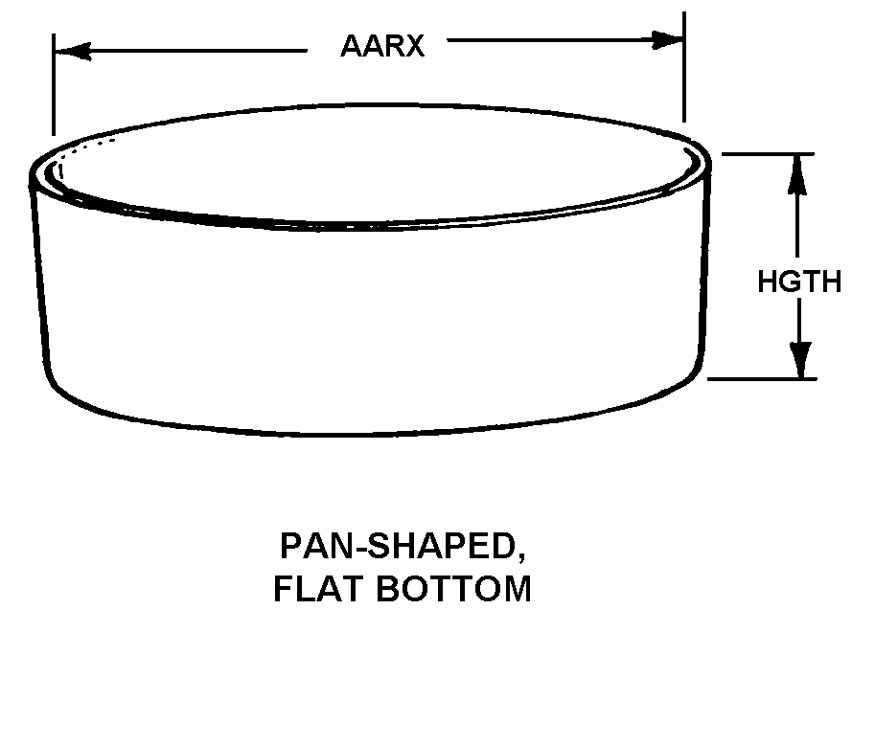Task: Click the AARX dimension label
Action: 381,45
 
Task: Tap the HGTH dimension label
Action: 799,282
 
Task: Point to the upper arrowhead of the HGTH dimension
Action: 797,172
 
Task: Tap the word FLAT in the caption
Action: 316,589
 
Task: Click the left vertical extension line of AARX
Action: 54,86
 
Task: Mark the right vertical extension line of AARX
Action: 684,67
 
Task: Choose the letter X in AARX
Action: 413,45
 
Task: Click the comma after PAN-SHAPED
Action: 521,558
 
